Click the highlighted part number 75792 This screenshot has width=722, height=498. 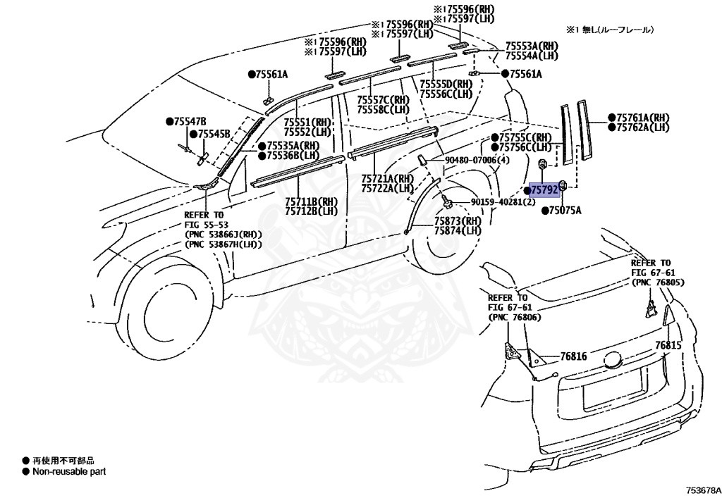click(x=544, y=190)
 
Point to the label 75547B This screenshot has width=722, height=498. click(x=191, y=121)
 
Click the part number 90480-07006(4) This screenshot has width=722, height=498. click(x=477, y=161)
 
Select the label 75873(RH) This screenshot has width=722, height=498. click(x=458, y=221)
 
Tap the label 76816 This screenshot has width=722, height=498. click(x=573, y=357)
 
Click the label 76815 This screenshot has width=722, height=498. click(x=668, y=345)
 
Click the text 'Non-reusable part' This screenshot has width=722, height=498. click(x=69, y=471)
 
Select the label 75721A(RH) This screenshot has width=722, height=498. click(x=387, y=179)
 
